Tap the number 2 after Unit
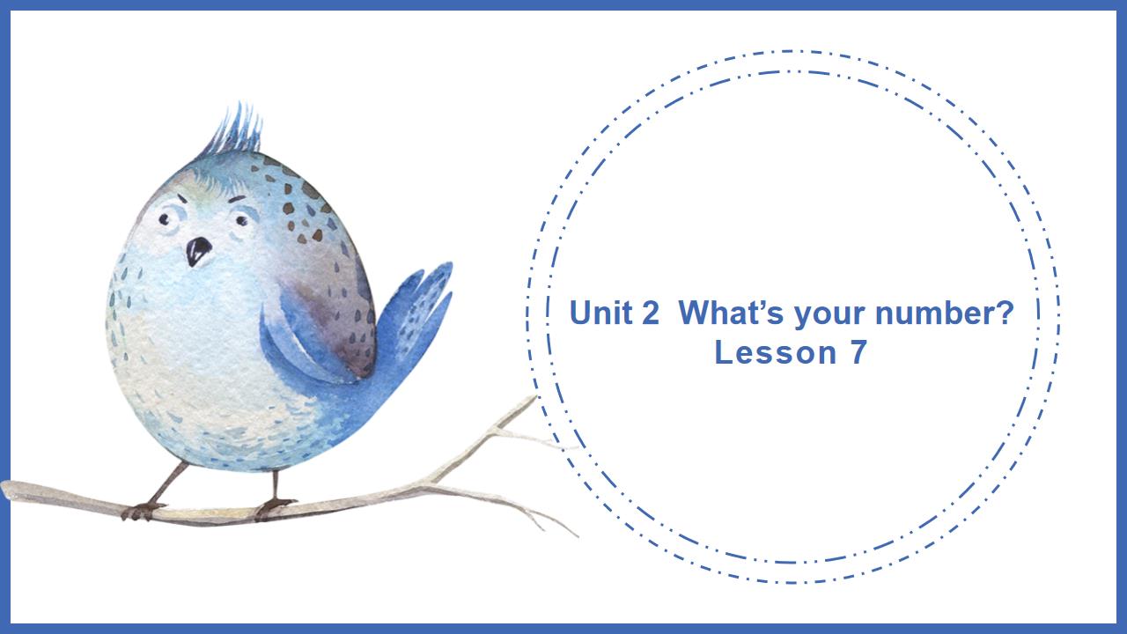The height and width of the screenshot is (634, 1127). [x=650, y=313]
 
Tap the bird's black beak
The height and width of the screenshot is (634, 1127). [x=198, y=251]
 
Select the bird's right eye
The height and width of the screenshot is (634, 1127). [x=240, y=217]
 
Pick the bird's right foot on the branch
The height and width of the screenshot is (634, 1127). [x=274, y=505]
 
